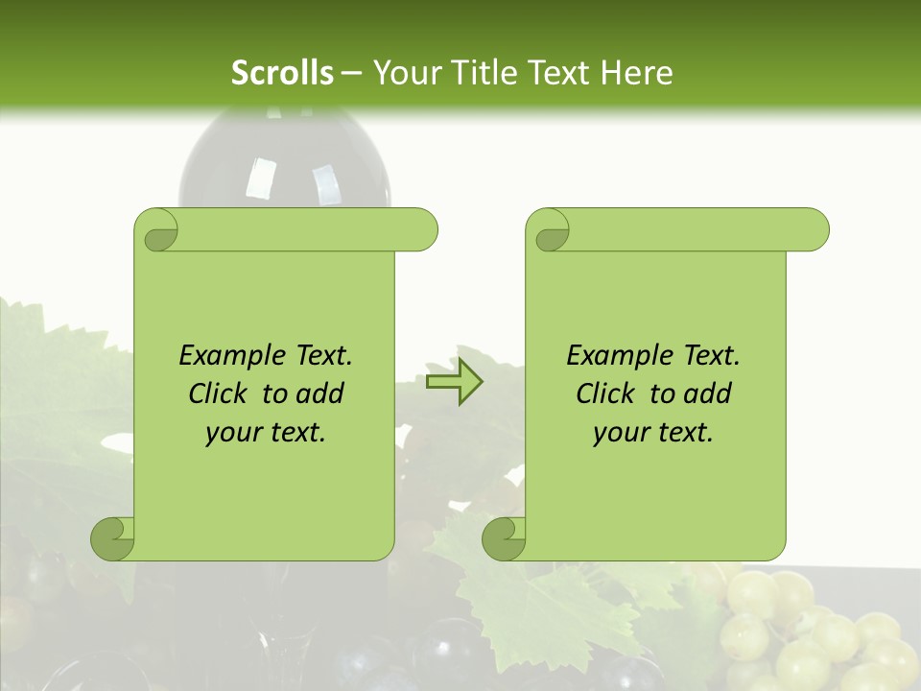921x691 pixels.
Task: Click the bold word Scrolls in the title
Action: point(283,72)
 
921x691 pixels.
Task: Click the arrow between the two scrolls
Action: point(455,382)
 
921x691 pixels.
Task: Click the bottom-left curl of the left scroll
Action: point(112,538)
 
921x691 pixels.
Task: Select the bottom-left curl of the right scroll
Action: point(504,538)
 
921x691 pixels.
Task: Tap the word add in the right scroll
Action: point(707,393)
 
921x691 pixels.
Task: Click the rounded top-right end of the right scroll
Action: point(812,229)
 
